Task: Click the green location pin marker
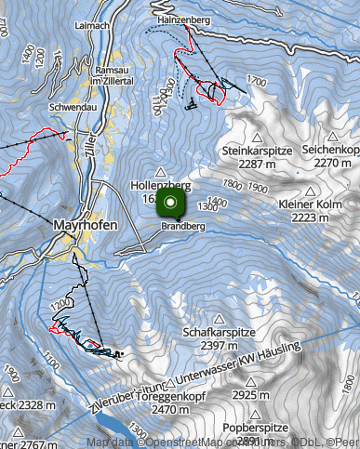(x=171, y=205)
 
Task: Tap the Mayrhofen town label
(x=84, y=225)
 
